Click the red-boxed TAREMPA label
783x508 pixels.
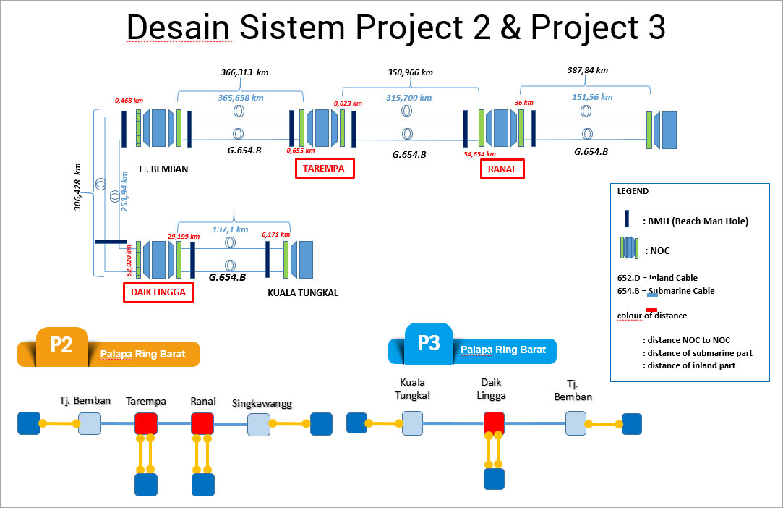tap(324, 169)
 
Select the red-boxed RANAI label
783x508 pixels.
tap(502, 169)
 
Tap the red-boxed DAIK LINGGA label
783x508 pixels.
tap(158, 292)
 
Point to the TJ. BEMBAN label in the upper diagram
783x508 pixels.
tap(163, 170)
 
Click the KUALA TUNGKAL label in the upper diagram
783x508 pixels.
tap(303, 293)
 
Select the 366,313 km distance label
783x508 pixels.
tap(244, 72)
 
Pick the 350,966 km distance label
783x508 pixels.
tap(410, 72)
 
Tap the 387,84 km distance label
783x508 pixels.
tap(588, 70)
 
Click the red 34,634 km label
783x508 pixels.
tap(480, 153)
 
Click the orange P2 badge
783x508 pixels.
tap(61, 344)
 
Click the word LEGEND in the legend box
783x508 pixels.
tap(633, 192)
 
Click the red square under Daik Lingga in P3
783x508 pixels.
tap(494, 423)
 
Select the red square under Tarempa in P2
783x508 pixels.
tap(146, 423)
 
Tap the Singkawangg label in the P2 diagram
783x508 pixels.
tap(262, 404)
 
